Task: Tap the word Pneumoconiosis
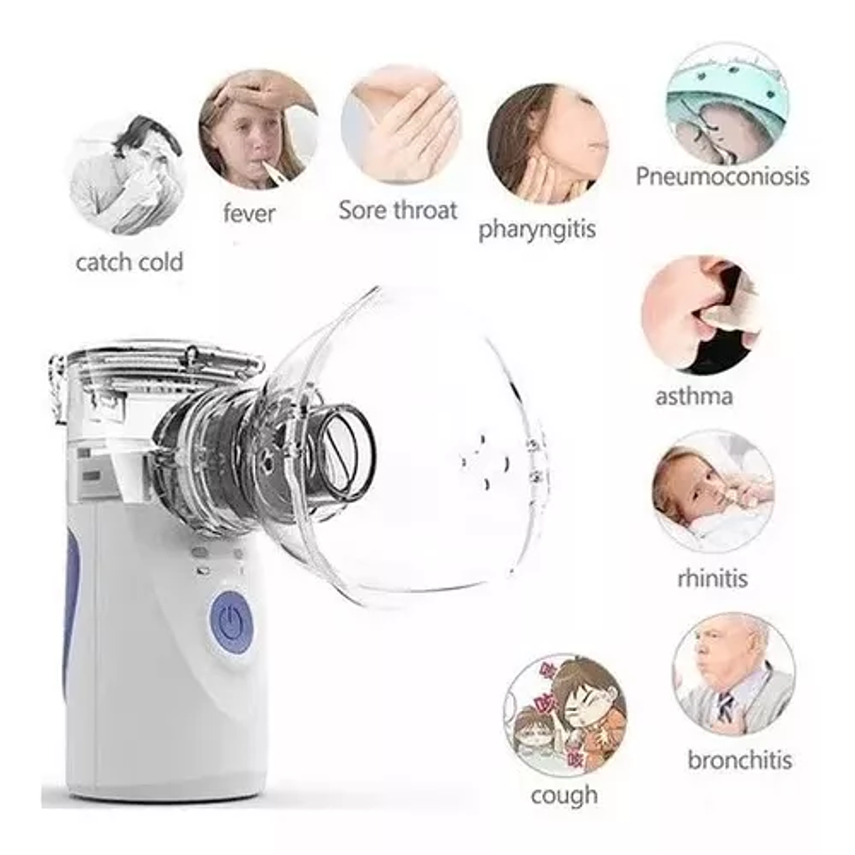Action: [x=721, y=175]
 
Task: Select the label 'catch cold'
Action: [x=129, y=261]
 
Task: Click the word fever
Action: [x=250, y=213]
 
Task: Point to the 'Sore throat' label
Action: [x=397, y=209]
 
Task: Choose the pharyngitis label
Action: [x=537, y=229]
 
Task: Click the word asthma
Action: [x=694, y=395]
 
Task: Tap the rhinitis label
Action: [x=713, y=576]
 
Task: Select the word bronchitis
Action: [x=739, y=759]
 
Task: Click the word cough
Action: [x=564, y=795]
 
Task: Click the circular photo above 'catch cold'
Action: [x=127, y=174]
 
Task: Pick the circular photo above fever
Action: [x=257, y=129]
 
